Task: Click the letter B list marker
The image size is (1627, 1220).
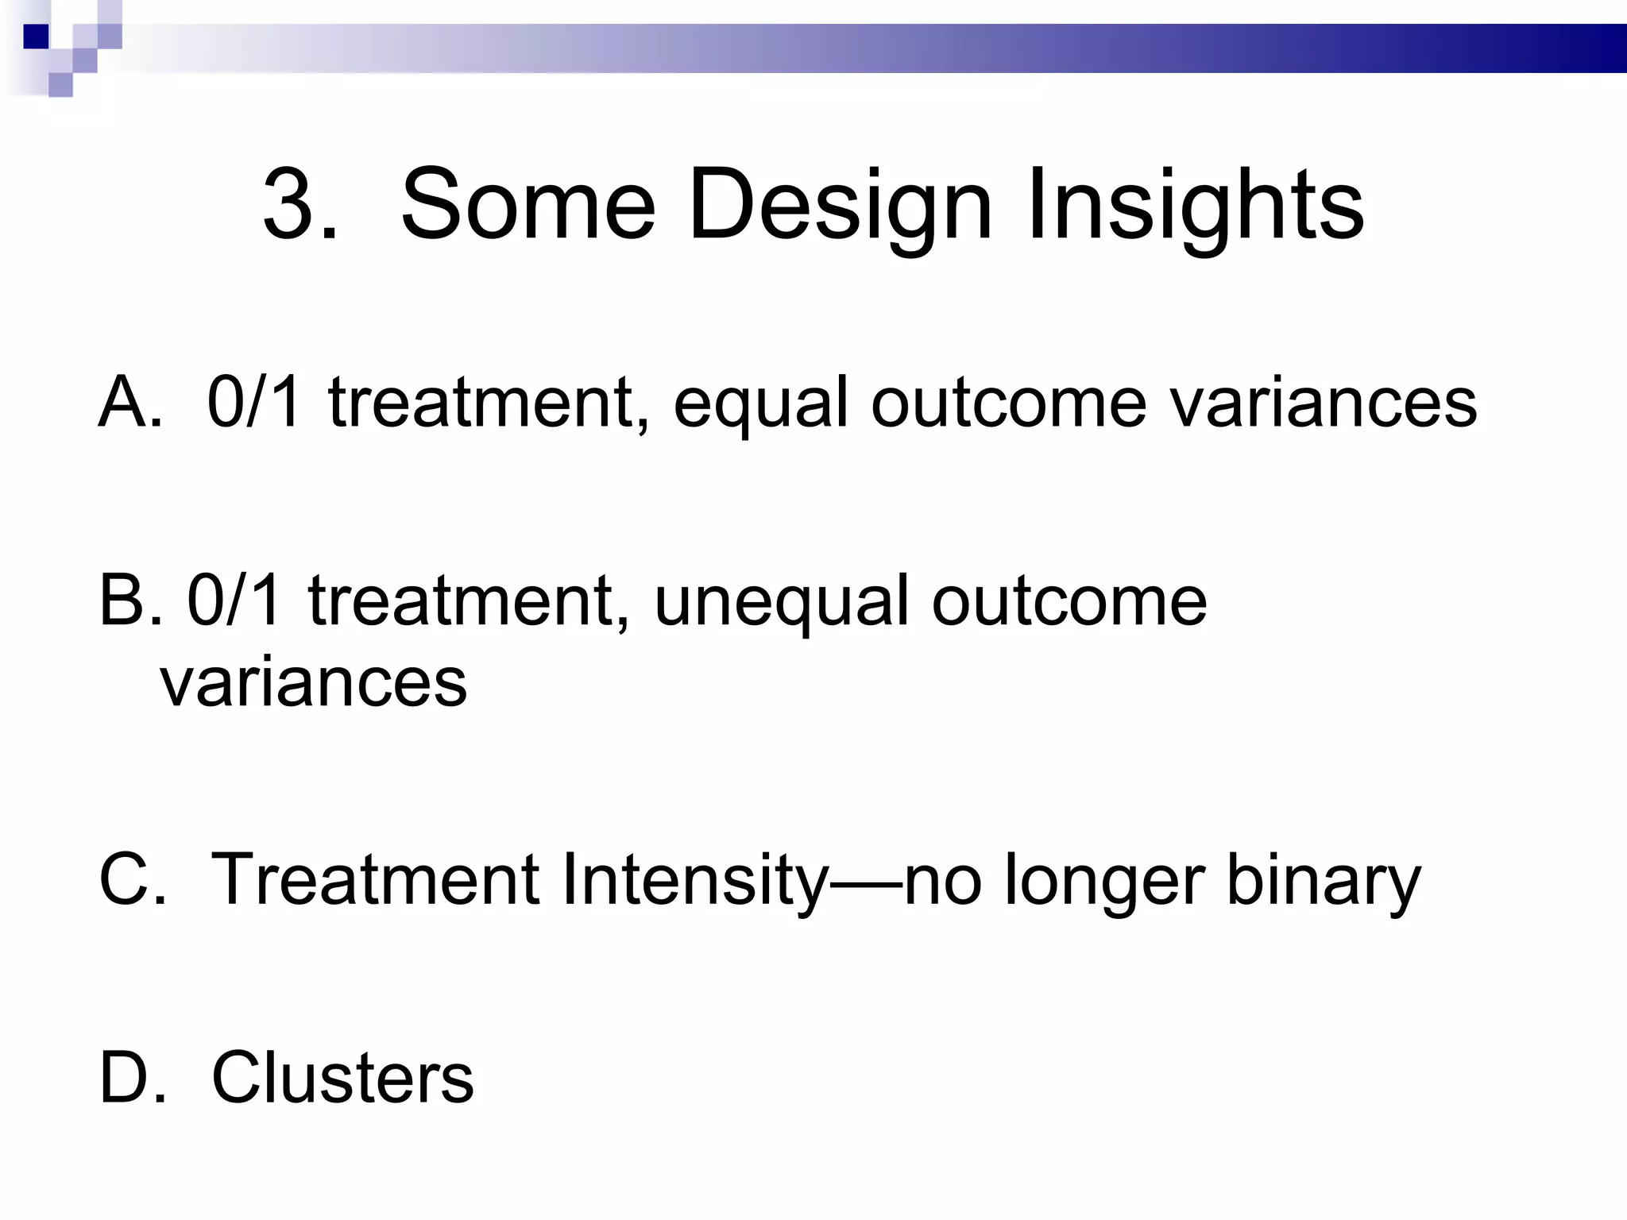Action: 124,600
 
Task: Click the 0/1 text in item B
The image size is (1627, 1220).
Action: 234,600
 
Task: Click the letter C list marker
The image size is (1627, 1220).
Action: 126,880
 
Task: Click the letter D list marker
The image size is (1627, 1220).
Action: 126,1078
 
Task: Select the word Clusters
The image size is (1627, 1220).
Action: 342,1078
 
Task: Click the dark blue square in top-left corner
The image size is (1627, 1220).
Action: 36,36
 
